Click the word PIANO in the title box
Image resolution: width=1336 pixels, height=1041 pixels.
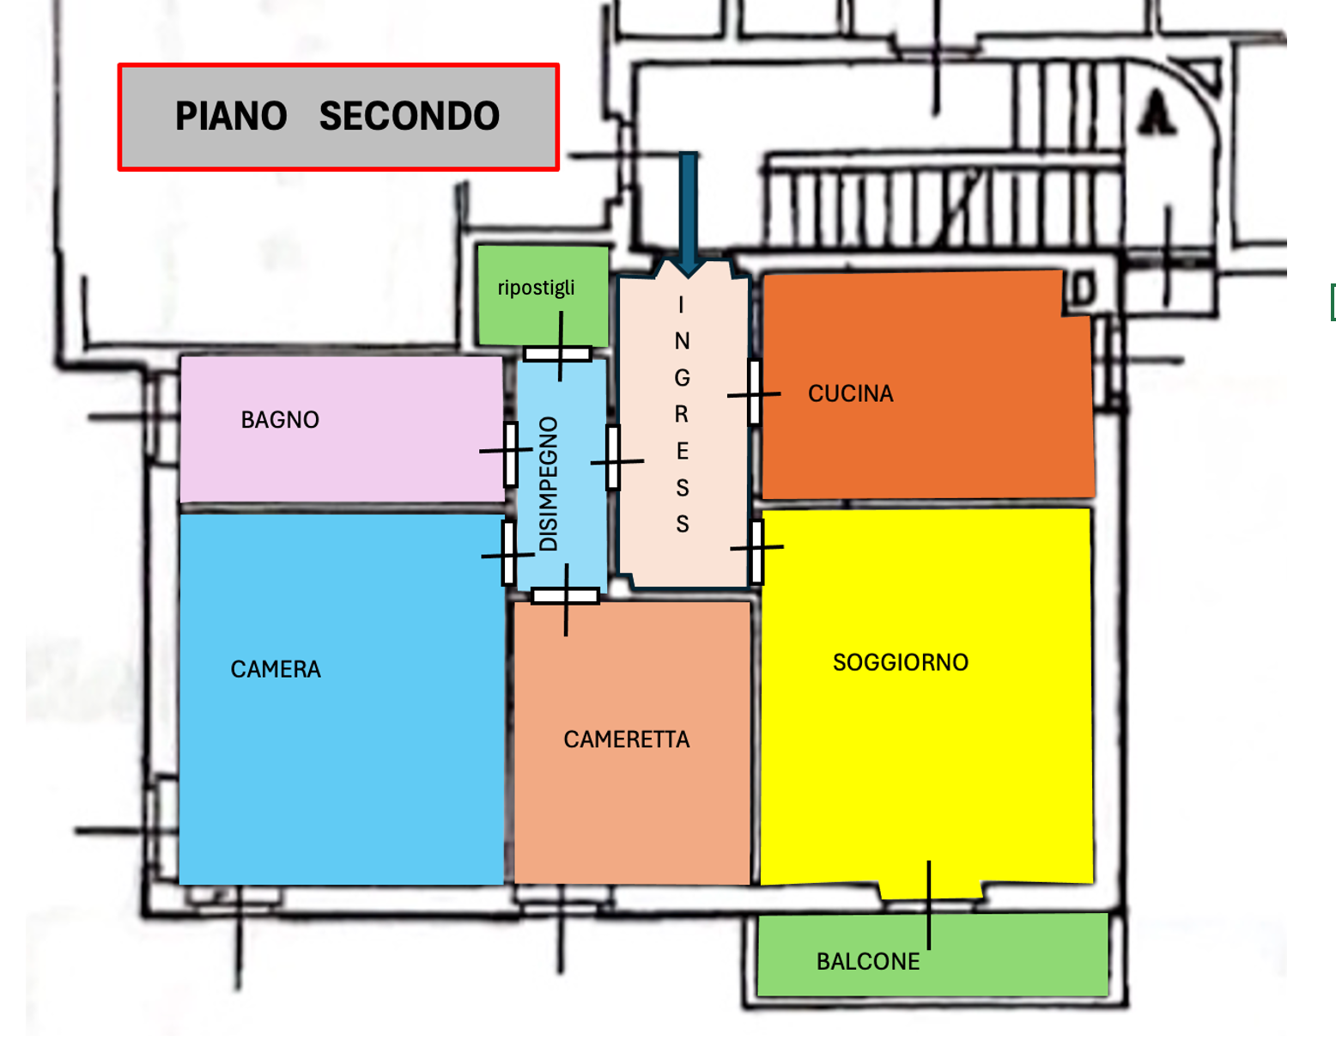click(x=231, y=116)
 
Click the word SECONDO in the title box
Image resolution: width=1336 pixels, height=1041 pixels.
click(x=409, y=116)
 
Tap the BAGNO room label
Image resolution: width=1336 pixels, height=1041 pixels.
click(x=280, y=420)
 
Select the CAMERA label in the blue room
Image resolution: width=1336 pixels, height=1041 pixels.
click(x=276, y=669)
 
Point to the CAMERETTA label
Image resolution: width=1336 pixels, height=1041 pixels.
click(x=626, y=740)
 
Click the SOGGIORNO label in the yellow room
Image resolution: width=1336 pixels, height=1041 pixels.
click(x=901, y=662)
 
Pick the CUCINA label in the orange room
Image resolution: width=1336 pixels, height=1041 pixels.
click(x=850, y=393)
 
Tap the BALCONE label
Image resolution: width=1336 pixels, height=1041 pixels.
click(x=868, y=961)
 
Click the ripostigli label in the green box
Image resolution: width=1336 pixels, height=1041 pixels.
click(x=537, y=288)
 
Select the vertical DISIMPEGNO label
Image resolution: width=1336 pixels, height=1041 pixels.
click(x=549, y=484)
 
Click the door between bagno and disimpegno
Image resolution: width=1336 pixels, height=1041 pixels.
click(x=510, y=453)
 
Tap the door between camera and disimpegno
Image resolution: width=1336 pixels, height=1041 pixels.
click(x=508, y=554)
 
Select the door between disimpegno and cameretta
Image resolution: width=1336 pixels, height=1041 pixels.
click(x=565, y=596)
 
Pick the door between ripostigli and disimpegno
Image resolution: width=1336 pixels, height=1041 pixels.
click(x=558, y=353)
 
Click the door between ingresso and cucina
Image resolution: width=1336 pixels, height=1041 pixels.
click(x=754, y=393)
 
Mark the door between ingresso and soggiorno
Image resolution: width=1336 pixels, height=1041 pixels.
click(x=756, y=550)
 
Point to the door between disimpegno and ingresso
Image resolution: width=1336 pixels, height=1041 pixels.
click(x=613, y=458)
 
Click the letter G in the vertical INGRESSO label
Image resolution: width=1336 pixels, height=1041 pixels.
click(x=682, y=378)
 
